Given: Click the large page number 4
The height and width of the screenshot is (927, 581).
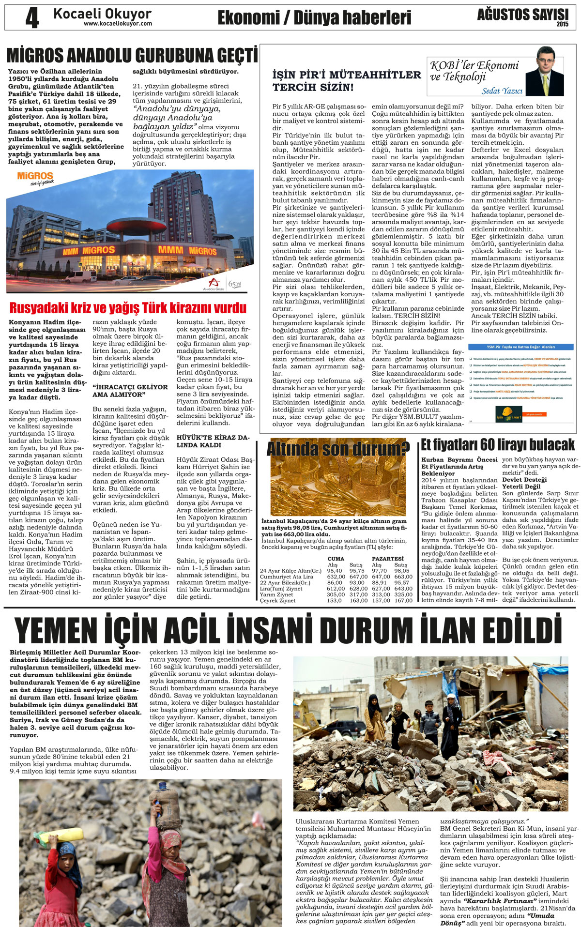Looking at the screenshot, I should pos(32,18).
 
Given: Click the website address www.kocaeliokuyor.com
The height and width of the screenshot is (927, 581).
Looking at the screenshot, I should pos(118,24).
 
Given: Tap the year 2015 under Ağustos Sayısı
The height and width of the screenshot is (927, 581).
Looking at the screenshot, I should pos(562,24).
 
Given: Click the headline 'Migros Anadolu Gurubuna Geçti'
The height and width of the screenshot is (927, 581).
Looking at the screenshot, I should pos(132,56).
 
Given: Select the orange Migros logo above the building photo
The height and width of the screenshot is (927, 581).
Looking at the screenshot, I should pos(35,176).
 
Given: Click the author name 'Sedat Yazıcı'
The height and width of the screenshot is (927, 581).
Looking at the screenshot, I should pos(502,91).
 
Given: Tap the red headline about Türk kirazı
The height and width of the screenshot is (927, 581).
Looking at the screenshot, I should pos(128,308).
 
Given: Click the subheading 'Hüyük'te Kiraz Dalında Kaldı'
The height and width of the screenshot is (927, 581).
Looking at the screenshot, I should pos(213,441).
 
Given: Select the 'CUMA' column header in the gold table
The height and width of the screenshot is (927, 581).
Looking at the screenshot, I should pos(336,559).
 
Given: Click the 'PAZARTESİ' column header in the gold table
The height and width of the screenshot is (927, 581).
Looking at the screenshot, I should pos(387,559).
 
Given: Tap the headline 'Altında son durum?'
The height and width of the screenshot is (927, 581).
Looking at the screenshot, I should pos(338,449).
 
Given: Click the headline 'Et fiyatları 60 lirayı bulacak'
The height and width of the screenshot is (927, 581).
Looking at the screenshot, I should pos(497,444).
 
